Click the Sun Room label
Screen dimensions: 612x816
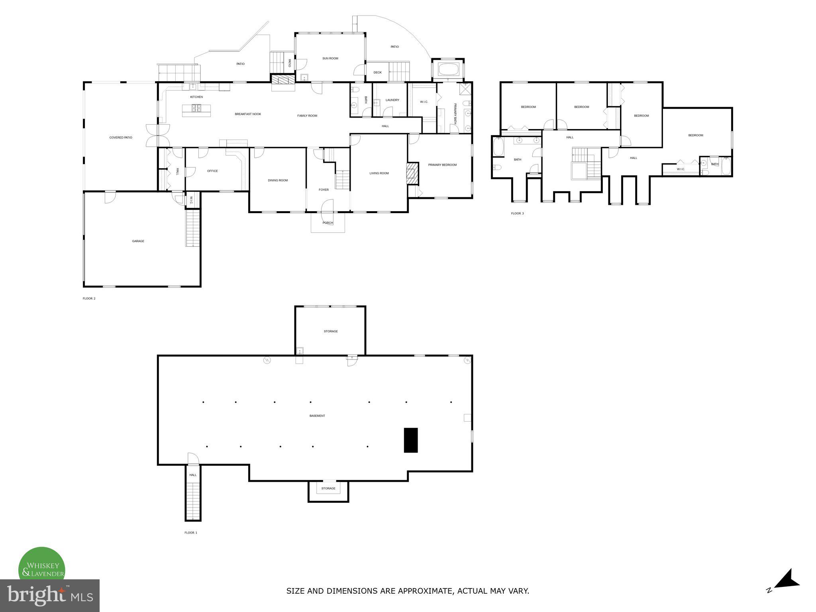point(330,59)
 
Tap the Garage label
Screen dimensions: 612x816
point(138,241)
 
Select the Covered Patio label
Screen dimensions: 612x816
point(121,137)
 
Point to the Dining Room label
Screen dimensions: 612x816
point(278,180)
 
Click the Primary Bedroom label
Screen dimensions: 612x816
point(442,165)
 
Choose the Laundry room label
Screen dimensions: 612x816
point(392,100)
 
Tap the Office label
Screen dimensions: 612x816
point(212,171)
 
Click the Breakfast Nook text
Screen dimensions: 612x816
point(248,114)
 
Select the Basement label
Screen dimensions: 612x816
point(317,416)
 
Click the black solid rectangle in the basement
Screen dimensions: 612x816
point(410,440)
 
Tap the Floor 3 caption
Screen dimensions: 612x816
point(517,214)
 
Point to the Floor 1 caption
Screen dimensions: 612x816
point(190,533)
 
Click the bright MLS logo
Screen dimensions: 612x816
point(50,596)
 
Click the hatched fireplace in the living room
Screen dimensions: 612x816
point(413,173)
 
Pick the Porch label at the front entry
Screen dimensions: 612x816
point(328,223)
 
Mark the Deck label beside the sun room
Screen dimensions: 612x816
point(377,73)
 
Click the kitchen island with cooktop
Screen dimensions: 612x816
point(197,110)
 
